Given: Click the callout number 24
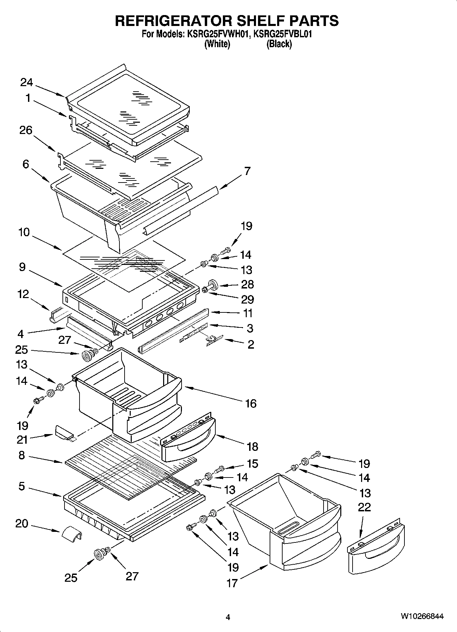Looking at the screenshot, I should coord(26,82).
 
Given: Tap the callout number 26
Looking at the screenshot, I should coord(26,130).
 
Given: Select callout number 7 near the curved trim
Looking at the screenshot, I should coord(247,171).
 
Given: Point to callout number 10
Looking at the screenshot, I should coord(24,232).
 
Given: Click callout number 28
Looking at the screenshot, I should coord(247,284).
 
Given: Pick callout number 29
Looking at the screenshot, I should coord(247,299).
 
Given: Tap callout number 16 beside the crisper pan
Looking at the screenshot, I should coord(251,404).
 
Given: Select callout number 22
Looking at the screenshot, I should coord(364,507).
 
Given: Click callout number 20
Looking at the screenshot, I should coord(22,523).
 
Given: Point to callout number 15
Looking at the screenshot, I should coord(252,464).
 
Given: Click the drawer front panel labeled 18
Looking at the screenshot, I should coord(188,443).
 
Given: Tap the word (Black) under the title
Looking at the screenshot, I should coord(279,44).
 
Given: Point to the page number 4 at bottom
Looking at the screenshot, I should coord(228,617).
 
